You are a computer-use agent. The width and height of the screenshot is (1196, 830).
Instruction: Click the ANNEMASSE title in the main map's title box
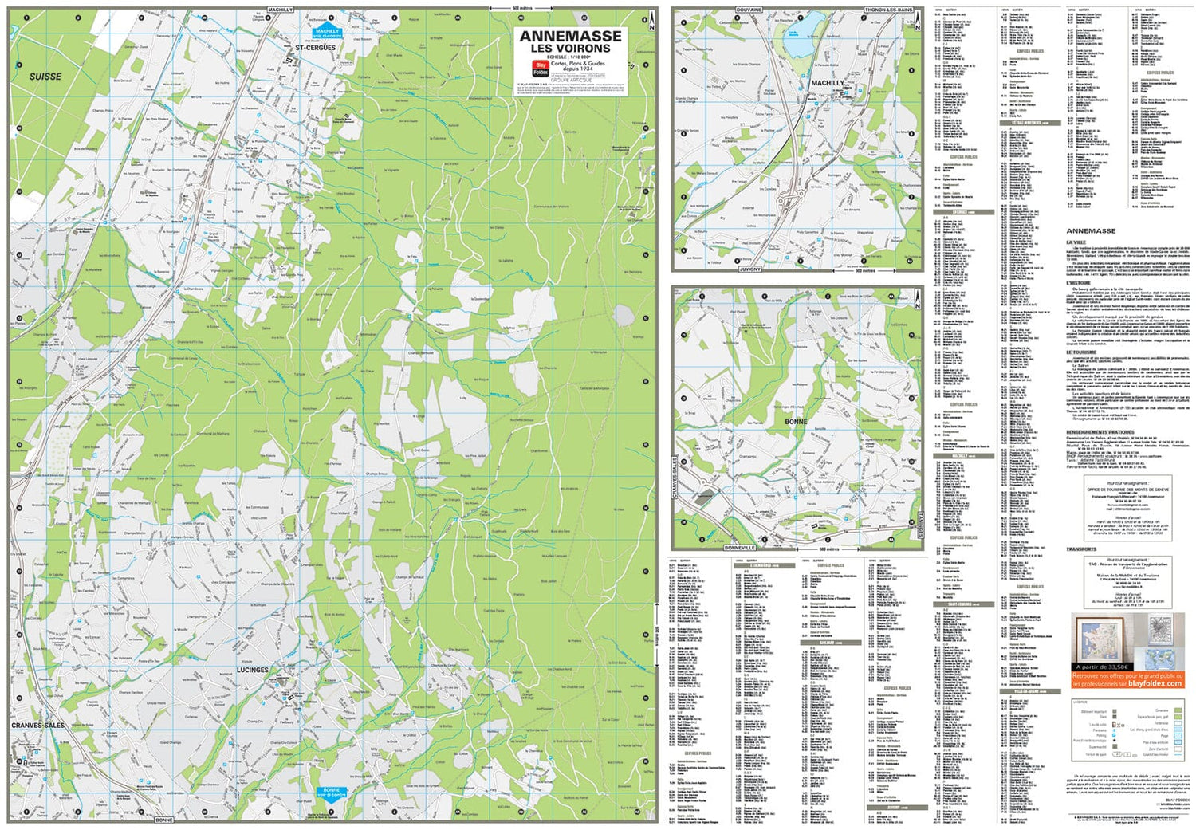(x=570, y=36)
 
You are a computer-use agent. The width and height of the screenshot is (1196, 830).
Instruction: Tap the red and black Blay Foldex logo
(x=539, y=69)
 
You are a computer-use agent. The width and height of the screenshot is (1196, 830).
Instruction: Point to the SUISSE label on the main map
(x=45, y=77)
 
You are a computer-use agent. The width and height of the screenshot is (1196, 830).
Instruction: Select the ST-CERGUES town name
(x=316, y=48)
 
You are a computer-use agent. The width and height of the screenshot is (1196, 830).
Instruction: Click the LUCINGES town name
(x=253, y=670)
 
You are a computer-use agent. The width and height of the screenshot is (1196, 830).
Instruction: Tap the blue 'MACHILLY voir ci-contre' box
(x=327, y=33)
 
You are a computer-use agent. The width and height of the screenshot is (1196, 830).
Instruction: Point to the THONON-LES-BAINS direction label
(x=888, y=10)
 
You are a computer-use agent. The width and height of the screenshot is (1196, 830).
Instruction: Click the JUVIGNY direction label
(x=749, y=269)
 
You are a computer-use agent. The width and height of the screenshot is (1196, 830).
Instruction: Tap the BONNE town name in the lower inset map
(x=796, y=421)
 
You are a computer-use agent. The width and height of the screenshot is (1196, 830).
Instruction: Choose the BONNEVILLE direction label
(x=740, y=549)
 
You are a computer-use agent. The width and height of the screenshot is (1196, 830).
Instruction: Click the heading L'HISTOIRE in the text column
(x=1080, y=283)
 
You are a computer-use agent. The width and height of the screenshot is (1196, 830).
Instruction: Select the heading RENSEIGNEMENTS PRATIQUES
(x=1100, y=432)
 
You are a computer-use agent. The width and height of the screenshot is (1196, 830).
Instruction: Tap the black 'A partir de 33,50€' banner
(x=1103, y=667)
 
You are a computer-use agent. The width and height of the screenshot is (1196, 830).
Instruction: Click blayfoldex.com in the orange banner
(x=1155, y=683)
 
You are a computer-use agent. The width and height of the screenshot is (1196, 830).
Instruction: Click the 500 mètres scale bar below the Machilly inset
(x=864, y=270)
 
